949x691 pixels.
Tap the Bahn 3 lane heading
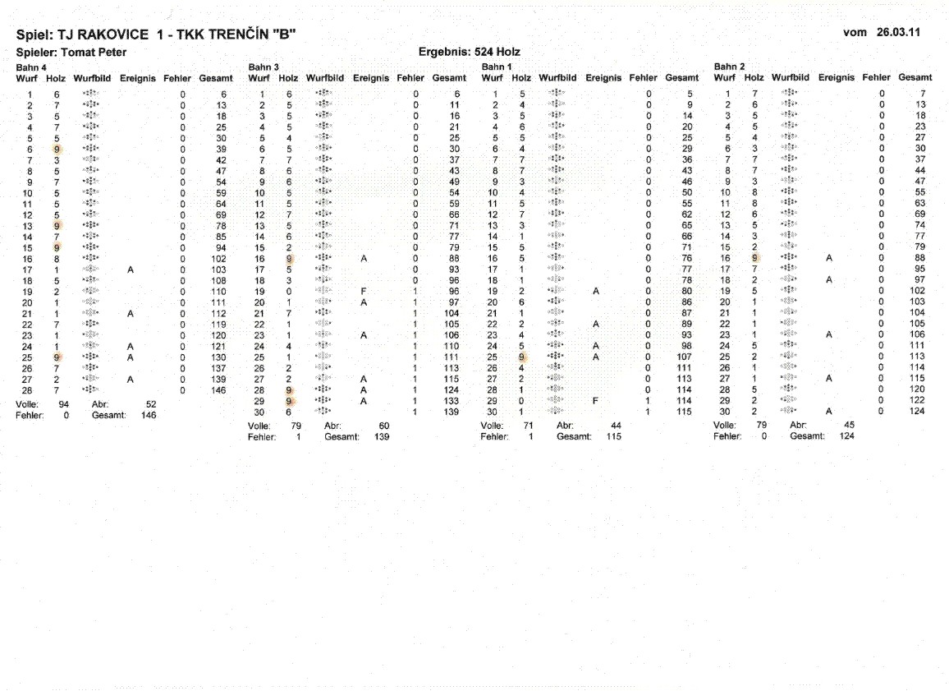pyautogui.click(x=264, y=67)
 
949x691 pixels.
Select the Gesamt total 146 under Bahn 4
pyautogui.click(x=149, y=416)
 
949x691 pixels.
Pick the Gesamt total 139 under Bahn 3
pyautogui.click(x=381, y=436)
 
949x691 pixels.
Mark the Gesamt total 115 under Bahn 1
pyautogui.click(x=613, y=436)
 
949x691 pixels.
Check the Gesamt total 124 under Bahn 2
pyautogui.click(x=846, y=436)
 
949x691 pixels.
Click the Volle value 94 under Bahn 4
pyautogui.click(x=64, y=405)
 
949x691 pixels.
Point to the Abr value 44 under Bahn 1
pyautogui.click(x=616, y=426)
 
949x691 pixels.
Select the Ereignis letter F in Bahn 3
pyautogui.click(x=363, y=292)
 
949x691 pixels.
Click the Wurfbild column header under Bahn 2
pyautogui.click(x=790, y=77)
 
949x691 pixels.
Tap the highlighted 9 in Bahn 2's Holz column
pyautogui.click(x=754, y=257)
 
